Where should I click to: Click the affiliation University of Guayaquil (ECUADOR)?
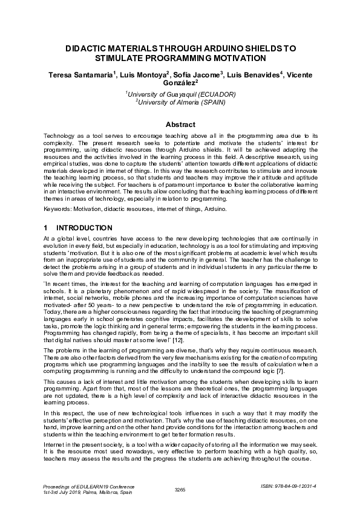pos(181,94)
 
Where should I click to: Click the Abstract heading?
pos(180,125)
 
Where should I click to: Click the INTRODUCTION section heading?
pos(84,228)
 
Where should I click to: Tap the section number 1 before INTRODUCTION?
pos(46,228)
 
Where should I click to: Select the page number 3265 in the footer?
pos(180,490)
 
